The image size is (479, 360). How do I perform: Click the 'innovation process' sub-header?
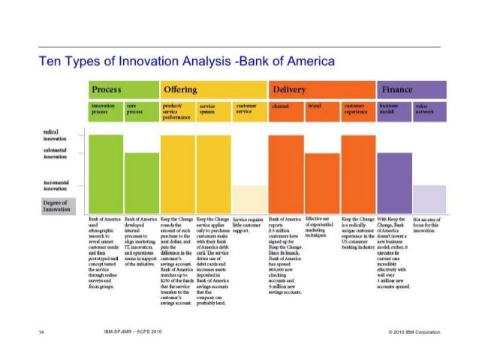point(106,111)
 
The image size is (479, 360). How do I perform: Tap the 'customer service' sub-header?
point(249,111)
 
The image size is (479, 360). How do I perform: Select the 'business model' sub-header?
point(393,111)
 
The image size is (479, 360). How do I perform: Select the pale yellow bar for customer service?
point(249,198)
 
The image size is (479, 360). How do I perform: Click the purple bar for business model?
point(393,181)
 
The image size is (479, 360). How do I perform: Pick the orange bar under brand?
point(321,181)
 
